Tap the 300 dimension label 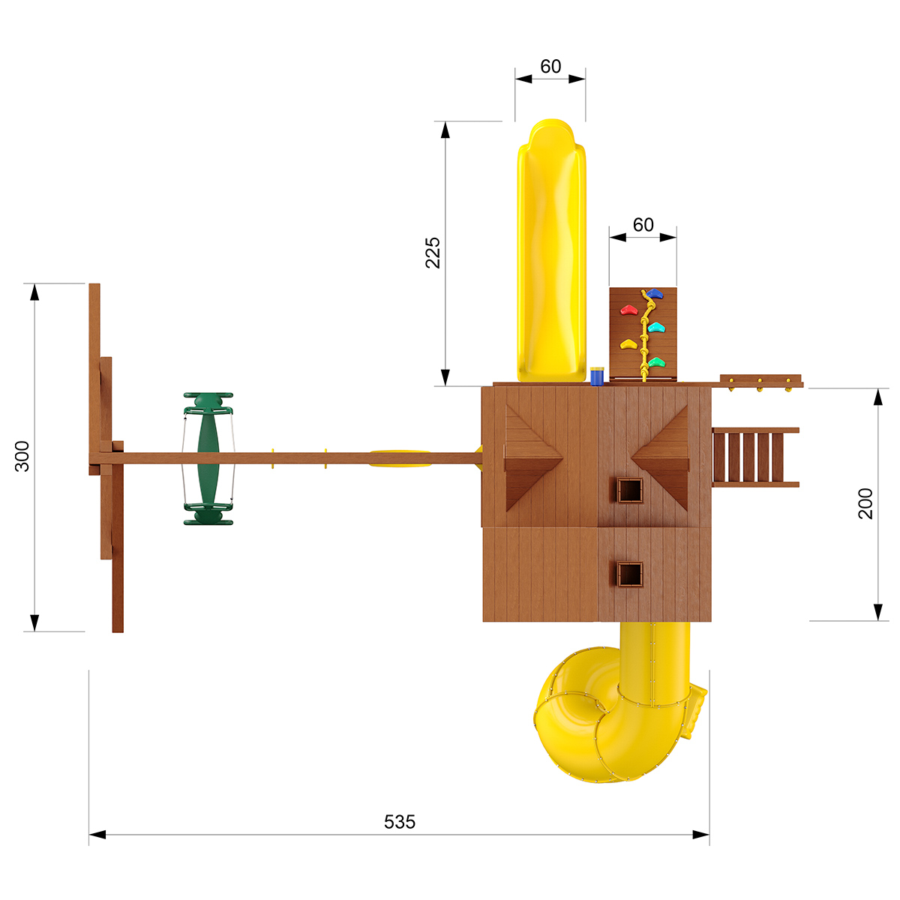click(22, 456)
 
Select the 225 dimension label click(433, 253)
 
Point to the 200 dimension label click(865, 503)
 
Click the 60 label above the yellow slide click(550, 66)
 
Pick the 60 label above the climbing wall click(643, 225)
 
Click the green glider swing click(208, 458)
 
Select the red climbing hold click(628, 310)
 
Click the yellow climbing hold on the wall click(628, 344)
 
